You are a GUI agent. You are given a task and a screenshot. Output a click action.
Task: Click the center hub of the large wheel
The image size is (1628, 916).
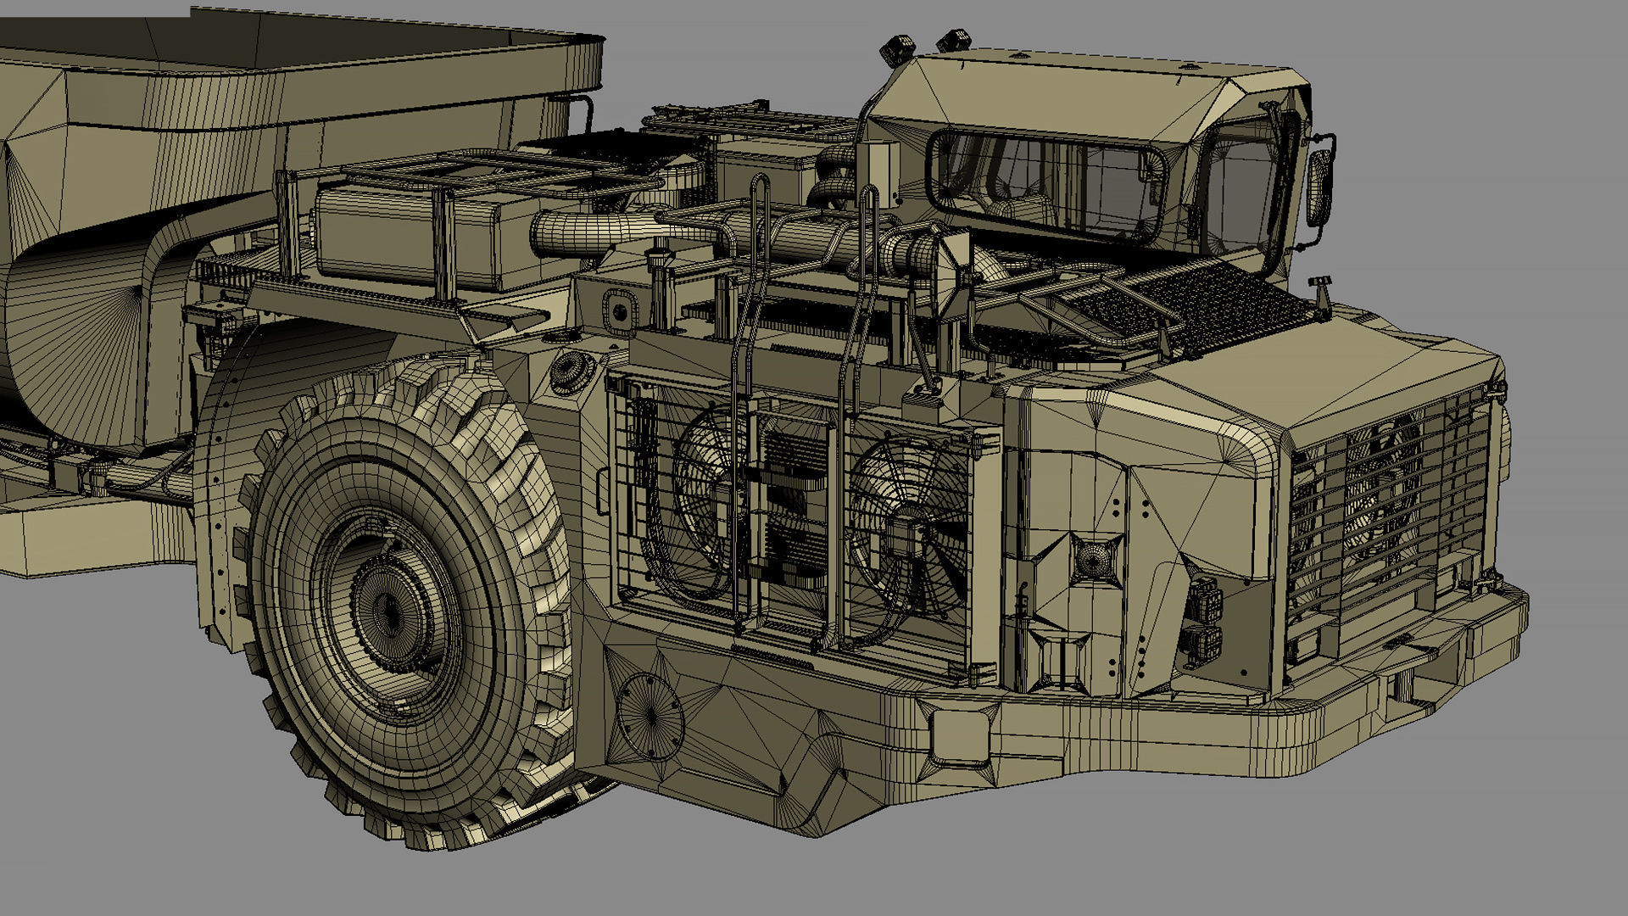(388, 609)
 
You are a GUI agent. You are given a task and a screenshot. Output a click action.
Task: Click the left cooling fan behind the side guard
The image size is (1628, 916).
(708, 500)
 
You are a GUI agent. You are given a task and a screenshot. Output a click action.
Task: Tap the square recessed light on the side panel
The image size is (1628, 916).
(1094, 560)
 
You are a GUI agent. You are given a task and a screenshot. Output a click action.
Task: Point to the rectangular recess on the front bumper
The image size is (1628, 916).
(961, 734)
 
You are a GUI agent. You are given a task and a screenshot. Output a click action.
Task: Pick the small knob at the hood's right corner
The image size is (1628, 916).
(1319, 282)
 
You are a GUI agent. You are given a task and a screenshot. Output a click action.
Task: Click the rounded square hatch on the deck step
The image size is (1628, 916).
(620, 310)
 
